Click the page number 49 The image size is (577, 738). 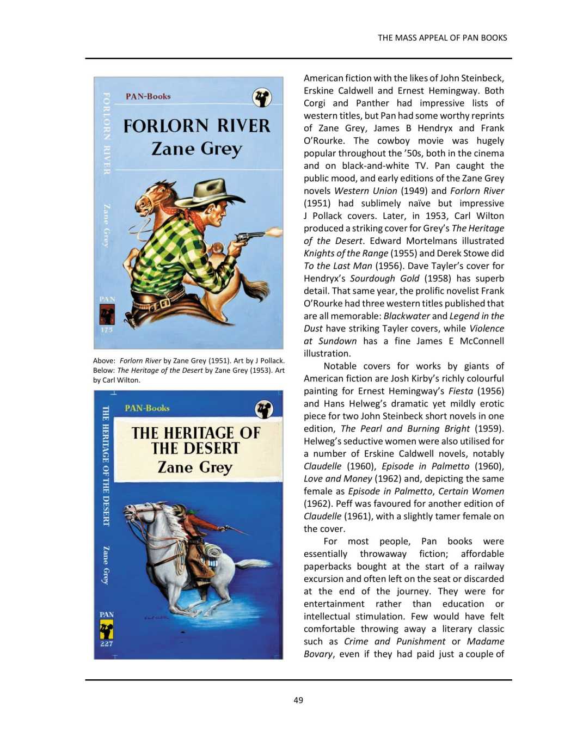point(298,700)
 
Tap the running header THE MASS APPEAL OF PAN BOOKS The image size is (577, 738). point(442,38)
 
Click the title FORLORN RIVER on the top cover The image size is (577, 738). point(197,126)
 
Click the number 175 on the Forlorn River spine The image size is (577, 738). point(107,330)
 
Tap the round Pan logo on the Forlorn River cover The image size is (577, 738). point(262,97)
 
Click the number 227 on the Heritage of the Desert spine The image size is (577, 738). point(107,643)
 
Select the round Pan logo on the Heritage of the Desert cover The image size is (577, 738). point(264,409)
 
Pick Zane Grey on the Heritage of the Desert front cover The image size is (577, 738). point(195,467)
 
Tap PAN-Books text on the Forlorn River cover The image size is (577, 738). point(148,96)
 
